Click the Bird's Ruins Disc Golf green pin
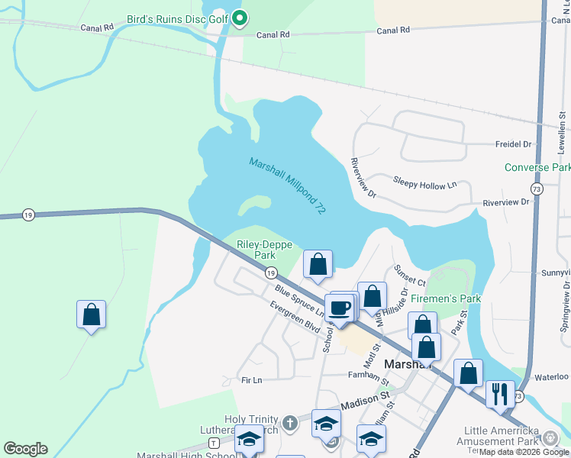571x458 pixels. [x=239, y=17]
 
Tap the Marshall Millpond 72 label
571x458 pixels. [x=287, y=184]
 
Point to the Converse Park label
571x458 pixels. [x=537, y=167]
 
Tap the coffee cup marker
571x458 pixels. [x=340, y=308]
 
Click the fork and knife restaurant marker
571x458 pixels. [x=500, y=394]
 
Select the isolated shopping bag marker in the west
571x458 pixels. [x=91, y=314]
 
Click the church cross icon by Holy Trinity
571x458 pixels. [x=289, y=422]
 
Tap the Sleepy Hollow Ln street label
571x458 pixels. [x=424, y=182]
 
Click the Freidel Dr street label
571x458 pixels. [x=513, y=143]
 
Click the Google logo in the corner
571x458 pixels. [x=25, y=449]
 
